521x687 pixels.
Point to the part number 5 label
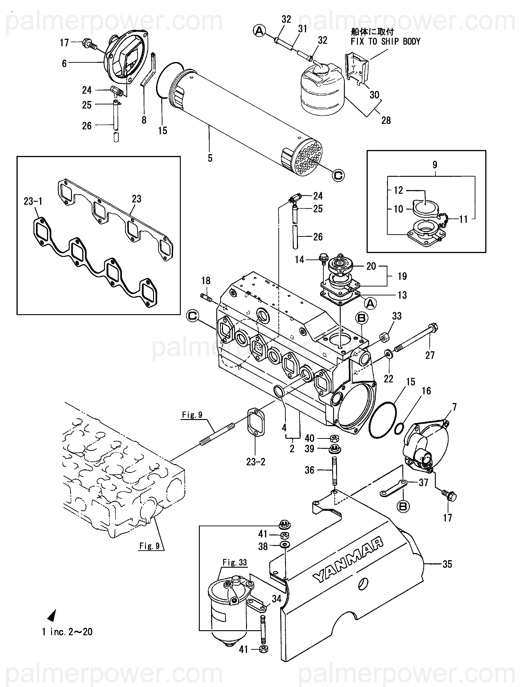pyautogui.click(x=210, y=158)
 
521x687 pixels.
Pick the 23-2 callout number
pyautogui.click(x=256, y=462)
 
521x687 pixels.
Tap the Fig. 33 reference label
pyautogui.click(x=235, y=562)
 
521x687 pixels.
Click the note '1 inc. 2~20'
pyautogui.click(x=67, y=632)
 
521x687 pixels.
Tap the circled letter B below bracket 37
pyautogui.click(x=403, y=507)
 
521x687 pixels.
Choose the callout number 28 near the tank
pyautogui.click(x=386, y=120)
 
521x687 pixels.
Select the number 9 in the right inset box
pyautogui.click(x=435, y=165)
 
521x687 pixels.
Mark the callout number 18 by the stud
pyautogui.click(x=206, y=281)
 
